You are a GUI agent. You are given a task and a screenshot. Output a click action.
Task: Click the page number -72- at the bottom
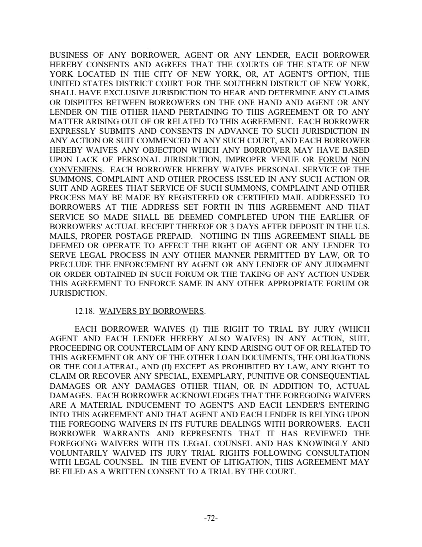point(211,518)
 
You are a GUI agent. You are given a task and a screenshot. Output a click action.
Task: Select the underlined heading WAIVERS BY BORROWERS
point(152,312)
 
